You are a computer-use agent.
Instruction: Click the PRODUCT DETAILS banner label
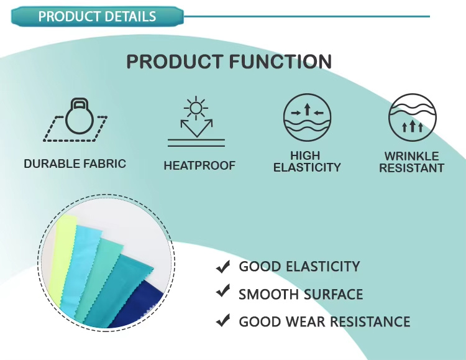click(97, 16)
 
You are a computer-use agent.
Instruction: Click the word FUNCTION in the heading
click(280, 62)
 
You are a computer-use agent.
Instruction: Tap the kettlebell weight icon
click(80, 116)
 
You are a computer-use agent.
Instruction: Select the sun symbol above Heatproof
click(196, 108)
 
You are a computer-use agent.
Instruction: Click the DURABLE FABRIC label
click(75, 164)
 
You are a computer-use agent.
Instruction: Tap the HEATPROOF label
click(199, 165)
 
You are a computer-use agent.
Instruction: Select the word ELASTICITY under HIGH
click(307, 167)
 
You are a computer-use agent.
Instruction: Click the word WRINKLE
click(411, 156)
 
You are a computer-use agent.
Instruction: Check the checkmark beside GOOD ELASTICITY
click(223, 267)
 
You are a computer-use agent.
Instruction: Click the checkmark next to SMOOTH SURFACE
click(223, 291)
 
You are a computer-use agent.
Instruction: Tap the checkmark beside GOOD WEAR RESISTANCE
click(223, 320)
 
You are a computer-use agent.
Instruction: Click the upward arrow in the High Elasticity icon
click(308, 109)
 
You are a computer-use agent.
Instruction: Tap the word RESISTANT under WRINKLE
click(411, 168)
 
